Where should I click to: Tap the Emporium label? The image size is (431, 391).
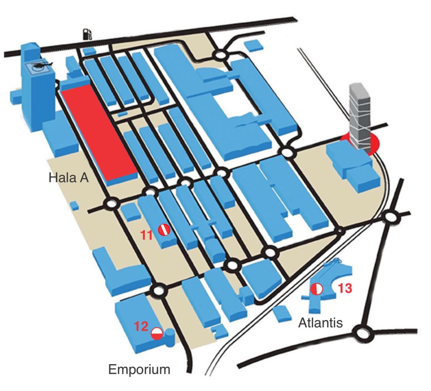tap(139, 370)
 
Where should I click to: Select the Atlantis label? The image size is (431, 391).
tap(320, 323)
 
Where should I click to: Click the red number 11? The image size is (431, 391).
tap(146, 235)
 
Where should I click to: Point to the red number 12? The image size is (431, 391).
tap(141, 326)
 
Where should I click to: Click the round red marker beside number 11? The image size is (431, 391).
tap(164, 230)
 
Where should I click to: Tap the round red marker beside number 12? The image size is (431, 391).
tap(157, 333)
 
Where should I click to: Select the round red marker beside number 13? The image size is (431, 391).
tap(317, 289)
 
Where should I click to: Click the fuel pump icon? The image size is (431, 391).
tap(87, 33)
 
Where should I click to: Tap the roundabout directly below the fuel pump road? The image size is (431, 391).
tap(220, 55)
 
